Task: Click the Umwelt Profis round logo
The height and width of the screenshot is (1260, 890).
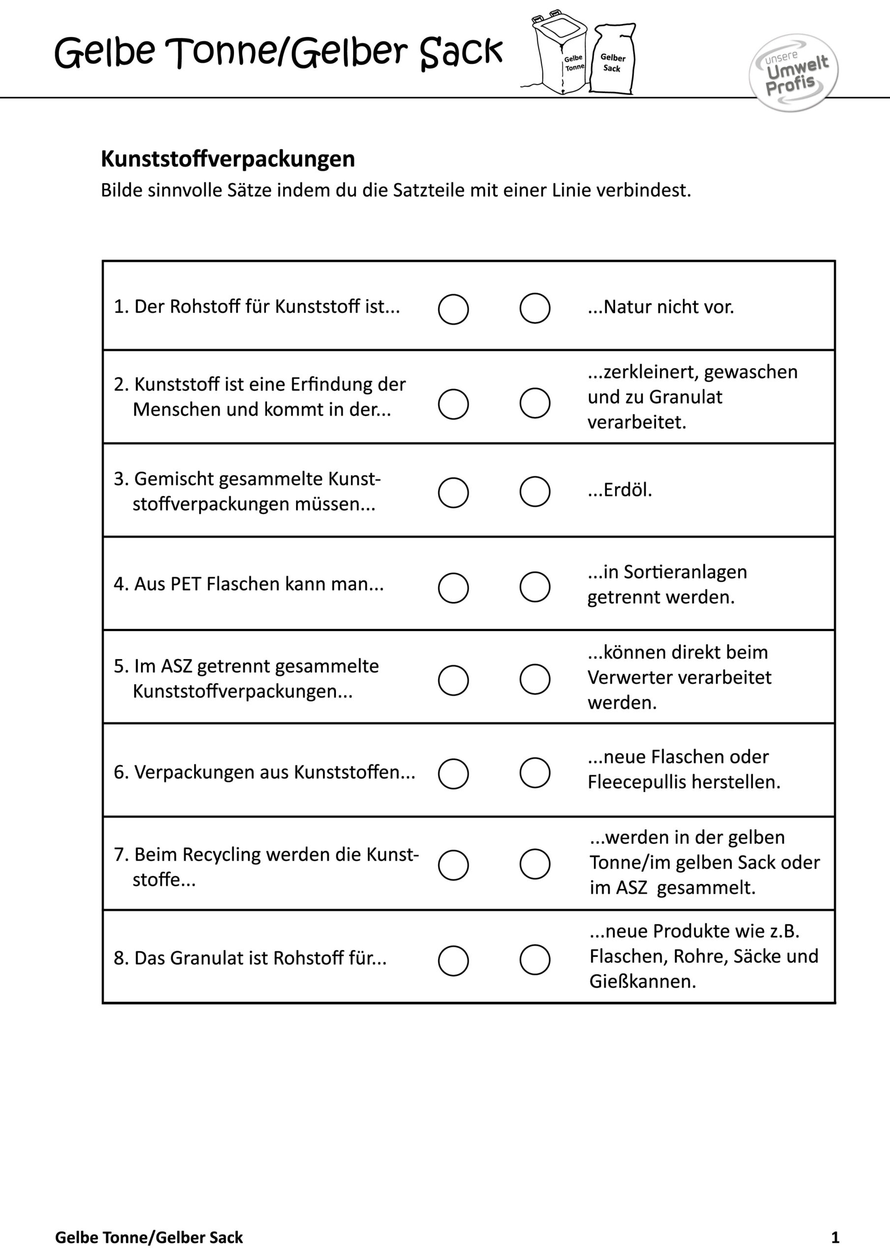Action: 794,72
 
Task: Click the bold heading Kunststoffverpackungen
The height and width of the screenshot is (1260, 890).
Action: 228,159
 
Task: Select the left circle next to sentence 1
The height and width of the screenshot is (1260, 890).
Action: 453,309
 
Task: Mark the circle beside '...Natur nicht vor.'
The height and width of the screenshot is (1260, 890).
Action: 534,308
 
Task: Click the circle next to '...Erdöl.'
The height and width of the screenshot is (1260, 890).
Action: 534,491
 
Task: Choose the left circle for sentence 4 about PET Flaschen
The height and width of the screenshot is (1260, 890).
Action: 453,588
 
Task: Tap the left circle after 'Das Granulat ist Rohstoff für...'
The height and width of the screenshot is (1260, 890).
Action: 453,960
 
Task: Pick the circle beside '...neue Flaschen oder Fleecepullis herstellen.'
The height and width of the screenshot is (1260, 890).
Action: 534,773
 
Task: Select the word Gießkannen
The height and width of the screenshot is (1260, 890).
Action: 642,981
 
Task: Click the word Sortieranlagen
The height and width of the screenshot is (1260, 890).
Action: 685,572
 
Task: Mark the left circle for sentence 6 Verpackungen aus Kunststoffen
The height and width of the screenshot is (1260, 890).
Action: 453,774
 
